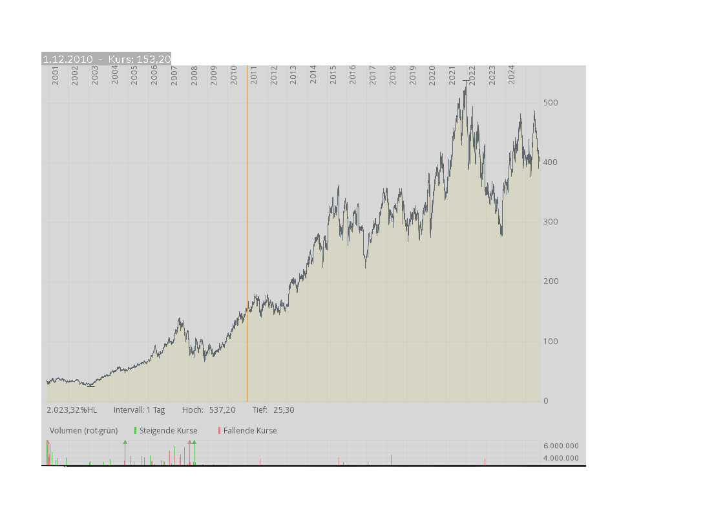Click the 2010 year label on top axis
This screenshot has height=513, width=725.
tap(234, 76)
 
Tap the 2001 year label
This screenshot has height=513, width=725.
tap(56, 76)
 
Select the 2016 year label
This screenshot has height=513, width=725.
tap(353, 76)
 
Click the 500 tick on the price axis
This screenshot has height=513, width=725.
tap(551, 103)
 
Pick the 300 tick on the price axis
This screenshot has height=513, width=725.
tap(551, 222)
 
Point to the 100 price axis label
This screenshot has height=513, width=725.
tap(551, 342)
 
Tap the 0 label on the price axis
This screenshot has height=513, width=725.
tap(546, 401)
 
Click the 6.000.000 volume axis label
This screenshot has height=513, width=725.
tap(561, 446)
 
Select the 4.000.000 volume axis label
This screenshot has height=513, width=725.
tap(561, 459)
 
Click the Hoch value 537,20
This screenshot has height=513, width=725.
tap(222, 410)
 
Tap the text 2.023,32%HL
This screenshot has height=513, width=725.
tap(72, 410)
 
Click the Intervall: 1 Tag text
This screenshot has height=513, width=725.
tap(139, 410)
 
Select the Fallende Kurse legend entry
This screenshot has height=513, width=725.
tap(249, 431)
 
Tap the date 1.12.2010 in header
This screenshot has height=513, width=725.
tap(68, 60)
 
